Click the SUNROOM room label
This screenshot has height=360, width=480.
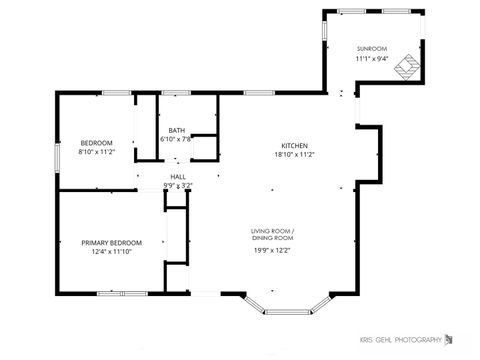coord(371,48)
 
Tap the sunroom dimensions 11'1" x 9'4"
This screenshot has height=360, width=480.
coord(371,58)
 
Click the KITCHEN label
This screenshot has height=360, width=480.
coord(294,145)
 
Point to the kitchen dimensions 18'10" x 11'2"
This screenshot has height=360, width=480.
coord(294,155)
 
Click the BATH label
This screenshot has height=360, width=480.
coord(176,130)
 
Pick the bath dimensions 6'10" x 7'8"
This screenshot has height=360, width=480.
coord(176,139)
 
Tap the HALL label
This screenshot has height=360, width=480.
coord(177,176)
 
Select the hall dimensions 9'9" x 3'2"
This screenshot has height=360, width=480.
coord(177,185)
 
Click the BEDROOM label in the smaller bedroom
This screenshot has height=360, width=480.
coord(97,142)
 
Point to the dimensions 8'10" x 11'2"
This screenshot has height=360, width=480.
coord(97,151)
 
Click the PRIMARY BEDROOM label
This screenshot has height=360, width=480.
coord(111,242)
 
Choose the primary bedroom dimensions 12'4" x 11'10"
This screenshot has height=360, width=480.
coord(111,251)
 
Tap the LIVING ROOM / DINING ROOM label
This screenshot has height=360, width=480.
coord(272,235)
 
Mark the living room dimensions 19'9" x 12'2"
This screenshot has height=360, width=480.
coord(272,251)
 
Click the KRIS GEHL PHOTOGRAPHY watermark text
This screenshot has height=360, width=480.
coord(400,340)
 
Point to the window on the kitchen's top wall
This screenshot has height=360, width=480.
coord(260,93)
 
